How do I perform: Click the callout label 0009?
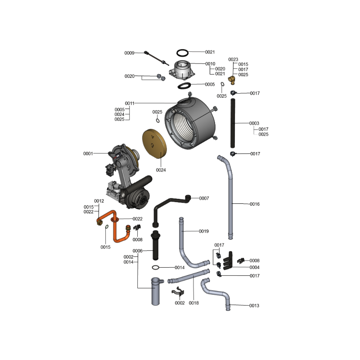(x=129, y=53)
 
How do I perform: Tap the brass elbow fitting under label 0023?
(x=232, y=80)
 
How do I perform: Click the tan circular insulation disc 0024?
(x=154, y=144)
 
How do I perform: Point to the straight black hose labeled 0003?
(x=233, y=123)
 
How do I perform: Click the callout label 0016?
(x=255, y=204)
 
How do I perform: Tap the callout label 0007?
(x=204, y=198)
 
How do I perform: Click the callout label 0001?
(x=88, y=153)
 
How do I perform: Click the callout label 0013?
(x=254, y=306)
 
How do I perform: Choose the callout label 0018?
(x=193, y=303)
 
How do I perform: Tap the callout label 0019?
(x=204, y=231)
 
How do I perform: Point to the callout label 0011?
(x=130, y=103)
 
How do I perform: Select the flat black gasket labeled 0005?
(x=184, y=85)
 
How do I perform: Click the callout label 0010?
(x=210, y=63)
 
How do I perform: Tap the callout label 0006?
(x=138, y=251)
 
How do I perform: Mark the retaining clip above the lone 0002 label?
(x=178, y=292)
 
